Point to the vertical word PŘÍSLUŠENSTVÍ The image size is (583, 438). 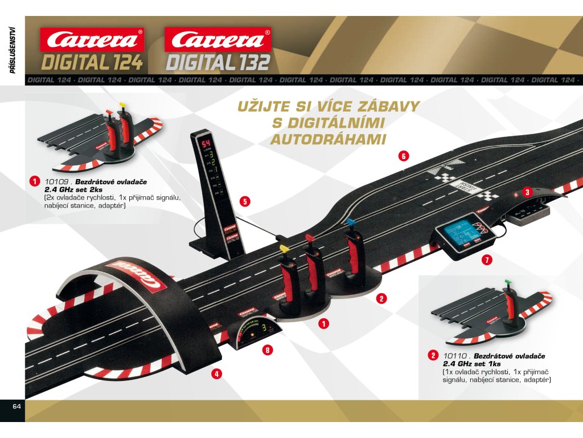tap(12, 51)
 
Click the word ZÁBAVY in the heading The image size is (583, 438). tap(388, 106)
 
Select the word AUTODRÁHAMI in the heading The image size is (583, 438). tap(329, 139)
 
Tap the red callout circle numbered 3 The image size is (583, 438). tap(527, 192)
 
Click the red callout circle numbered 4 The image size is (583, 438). tap(216, 374)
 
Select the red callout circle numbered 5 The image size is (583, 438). tap(245, 201)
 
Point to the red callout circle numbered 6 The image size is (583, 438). tap(403, 156)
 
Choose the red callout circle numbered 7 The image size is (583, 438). tap(486, 259)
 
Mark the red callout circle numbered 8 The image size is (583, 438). tap(267, 350)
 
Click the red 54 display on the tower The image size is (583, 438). tap(203, 143)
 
